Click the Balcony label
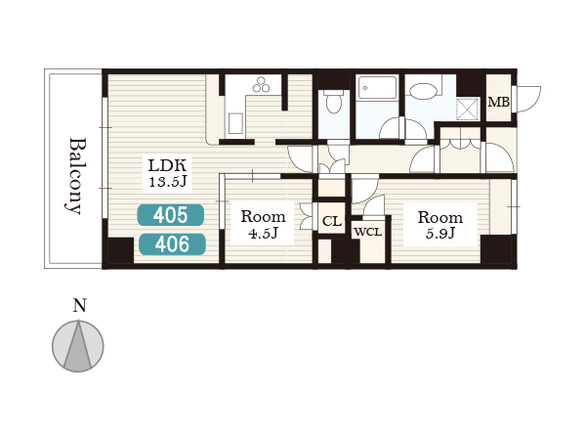click(77, 176)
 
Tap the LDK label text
click(167, 165)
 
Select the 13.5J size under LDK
click(167, 182)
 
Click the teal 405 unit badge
click(170, 215)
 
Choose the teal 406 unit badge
click(172, 244)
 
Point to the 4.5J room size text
click(263, 234)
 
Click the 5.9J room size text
click(440, 234)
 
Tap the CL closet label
click(332, 221)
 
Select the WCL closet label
click(368, 232)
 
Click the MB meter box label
click(498, 102)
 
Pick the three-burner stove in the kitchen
click(261, 84)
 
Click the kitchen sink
click(235, 123)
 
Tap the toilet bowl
click(333, 102)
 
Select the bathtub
click(377, 88)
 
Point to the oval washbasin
click(423, 91)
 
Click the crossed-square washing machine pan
click(468, 109)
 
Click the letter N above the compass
click(79, 305)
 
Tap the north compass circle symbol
click(78, 346)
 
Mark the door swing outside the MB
click(527, 99)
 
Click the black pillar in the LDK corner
click(120, 250)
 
